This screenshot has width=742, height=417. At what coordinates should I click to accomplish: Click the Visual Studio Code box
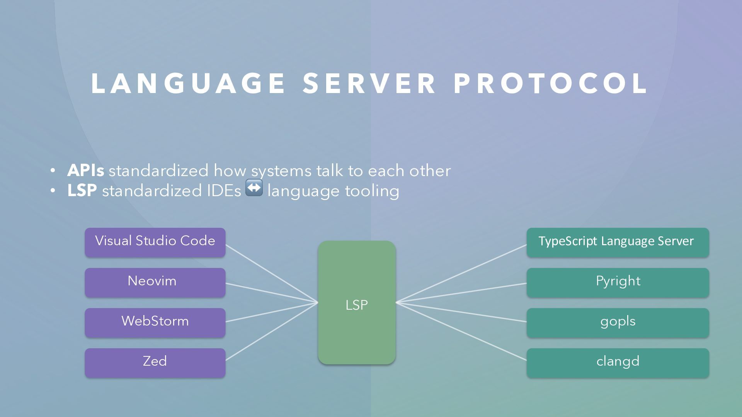[x=155, y=242]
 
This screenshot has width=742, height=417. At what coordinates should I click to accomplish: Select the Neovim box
[x=155, y=282]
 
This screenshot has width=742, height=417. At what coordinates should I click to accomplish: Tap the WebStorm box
[x=155, y=322]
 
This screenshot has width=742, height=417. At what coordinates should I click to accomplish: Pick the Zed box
[x=155, y=363]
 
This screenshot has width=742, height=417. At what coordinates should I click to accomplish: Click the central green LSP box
[x=356, y=302]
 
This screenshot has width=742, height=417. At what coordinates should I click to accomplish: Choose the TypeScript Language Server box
[x=618, y=242]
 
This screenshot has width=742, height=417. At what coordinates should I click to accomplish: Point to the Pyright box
[x=618, y=282]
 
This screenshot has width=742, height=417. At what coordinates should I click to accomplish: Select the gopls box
[x=618, y=322]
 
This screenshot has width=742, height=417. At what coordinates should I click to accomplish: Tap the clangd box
[x=618, y=363]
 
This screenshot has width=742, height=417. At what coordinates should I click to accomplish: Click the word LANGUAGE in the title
[x=188, y=83]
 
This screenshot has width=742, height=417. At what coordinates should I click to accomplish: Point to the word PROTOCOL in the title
[x=551, y=83]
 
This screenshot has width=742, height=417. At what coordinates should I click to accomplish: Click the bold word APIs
[x=85, y=171]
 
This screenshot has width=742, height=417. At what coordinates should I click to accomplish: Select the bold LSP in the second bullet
[x=82, y=191]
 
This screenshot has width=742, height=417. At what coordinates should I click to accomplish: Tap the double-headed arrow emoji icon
[x=254, y=188]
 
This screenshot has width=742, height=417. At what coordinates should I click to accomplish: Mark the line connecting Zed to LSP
[x=271, y=331]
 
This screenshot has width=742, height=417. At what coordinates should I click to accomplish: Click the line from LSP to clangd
[x=461, y=331]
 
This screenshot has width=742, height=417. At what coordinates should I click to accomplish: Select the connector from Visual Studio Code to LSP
[x=271, y=273]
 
